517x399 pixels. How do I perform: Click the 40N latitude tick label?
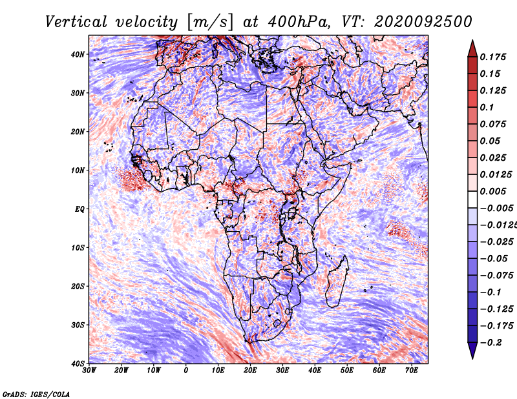[78, 54]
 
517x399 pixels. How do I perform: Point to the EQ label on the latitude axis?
[79, 209]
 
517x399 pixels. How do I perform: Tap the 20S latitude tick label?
[78, 286]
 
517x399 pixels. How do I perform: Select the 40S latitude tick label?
[78, 363]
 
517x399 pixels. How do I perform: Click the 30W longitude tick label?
[89, 371]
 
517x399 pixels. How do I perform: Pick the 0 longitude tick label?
[186, 371]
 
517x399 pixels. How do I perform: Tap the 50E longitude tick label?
[347, 371]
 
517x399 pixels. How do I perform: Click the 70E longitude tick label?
[412, 371]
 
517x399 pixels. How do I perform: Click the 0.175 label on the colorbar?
[493, 57]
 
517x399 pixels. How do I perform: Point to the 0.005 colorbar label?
[493, 191]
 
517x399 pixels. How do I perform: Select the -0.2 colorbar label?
[491, 343]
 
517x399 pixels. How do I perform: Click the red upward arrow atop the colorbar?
[472, 49]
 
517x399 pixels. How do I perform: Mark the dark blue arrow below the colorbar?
[472, 350]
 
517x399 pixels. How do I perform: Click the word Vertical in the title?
[76, 22]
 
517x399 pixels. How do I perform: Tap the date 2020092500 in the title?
[423, 22]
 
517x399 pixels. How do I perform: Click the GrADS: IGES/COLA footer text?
[36, 394]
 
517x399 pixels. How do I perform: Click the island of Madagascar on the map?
[336, 283]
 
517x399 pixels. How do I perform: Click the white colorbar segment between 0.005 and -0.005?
[472, 200]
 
